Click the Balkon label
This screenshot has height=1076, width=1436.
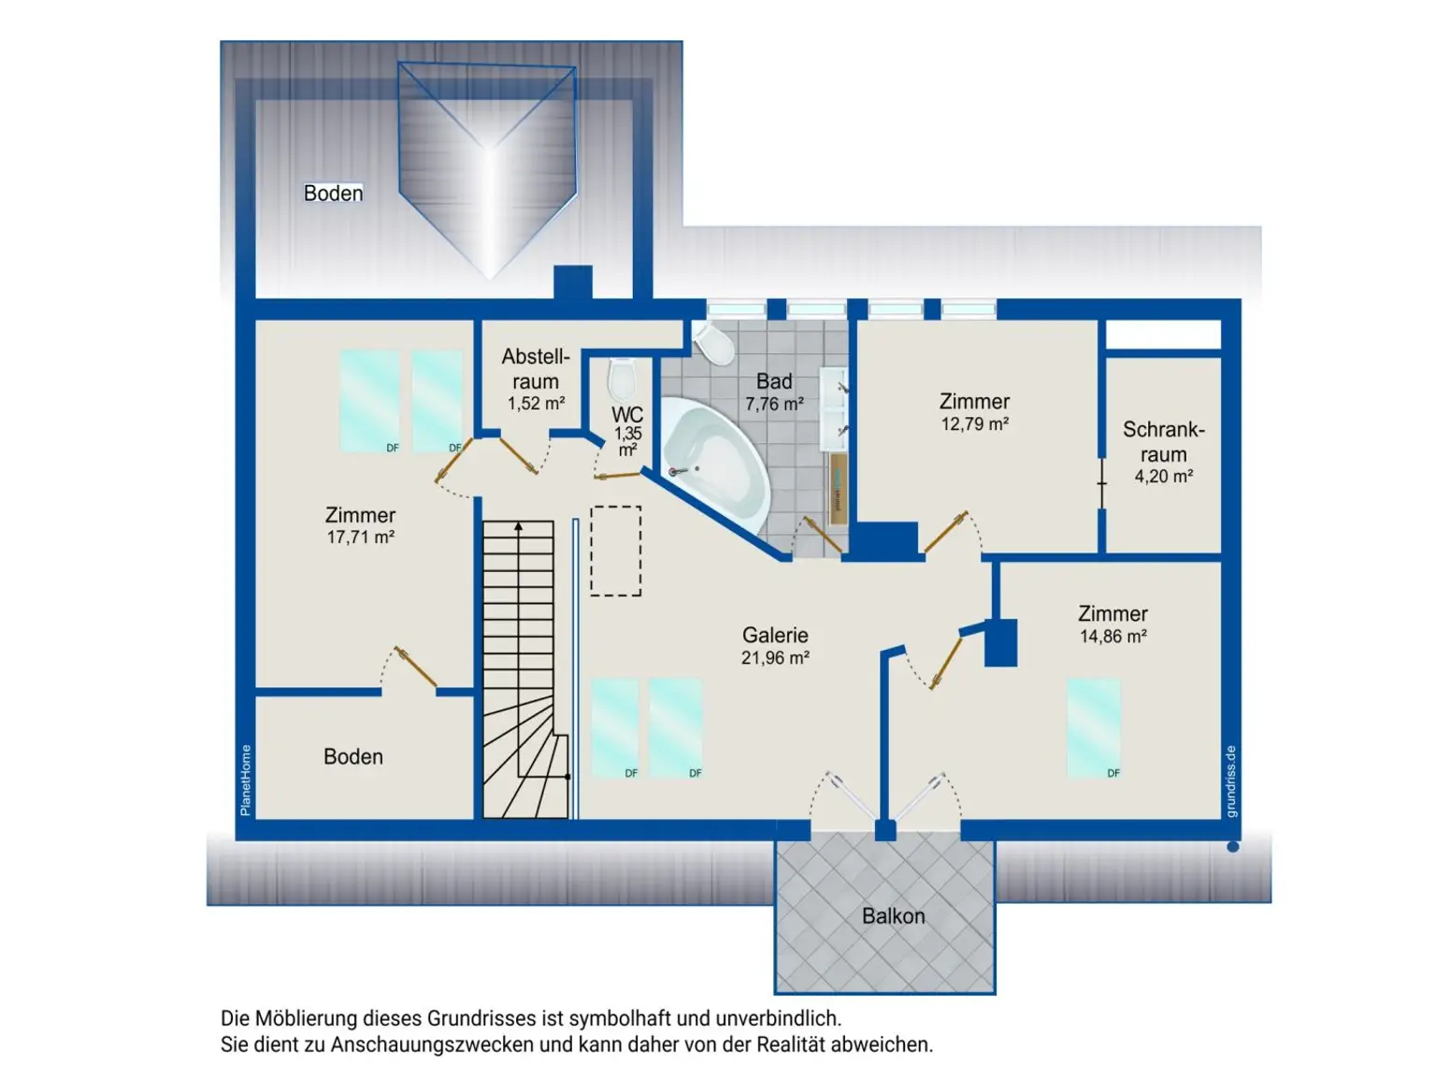click(892, 916)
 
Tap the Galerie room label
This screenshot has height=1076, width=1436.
click(775, 635)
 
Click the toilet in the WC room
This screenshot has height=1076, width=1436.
click(622, 379)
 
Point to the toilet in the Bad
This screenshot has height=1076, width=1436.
click(714, 343)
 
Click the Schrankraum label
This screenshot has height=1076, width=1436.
click(1162, 441)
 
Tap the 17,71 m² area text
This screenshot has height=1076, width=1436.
click(361, 538)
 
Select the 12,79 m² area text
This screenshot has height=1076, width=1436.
click(974, 424)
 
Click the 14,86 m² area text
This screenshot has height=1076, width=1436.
click(1113, 637)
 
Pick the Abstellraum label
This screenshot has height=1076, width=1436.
click(535, 369)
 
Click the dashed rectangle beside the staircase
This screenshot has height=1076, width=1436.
click(615, 551)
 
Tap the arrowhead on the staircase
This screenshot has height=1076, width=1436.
click(518, 526)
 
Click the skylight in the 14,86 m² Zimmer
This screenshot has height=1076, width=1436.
click(1093, 728)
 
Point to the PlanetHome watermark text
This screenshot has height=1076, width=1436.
click(245, 781)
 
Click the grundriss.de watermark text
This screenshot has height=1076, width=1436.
click(1230, 781)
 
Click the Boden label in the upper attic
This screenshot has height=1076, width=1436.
click(333, 194)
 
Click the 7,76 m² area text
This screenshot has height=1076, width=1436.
click(775, 404)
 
